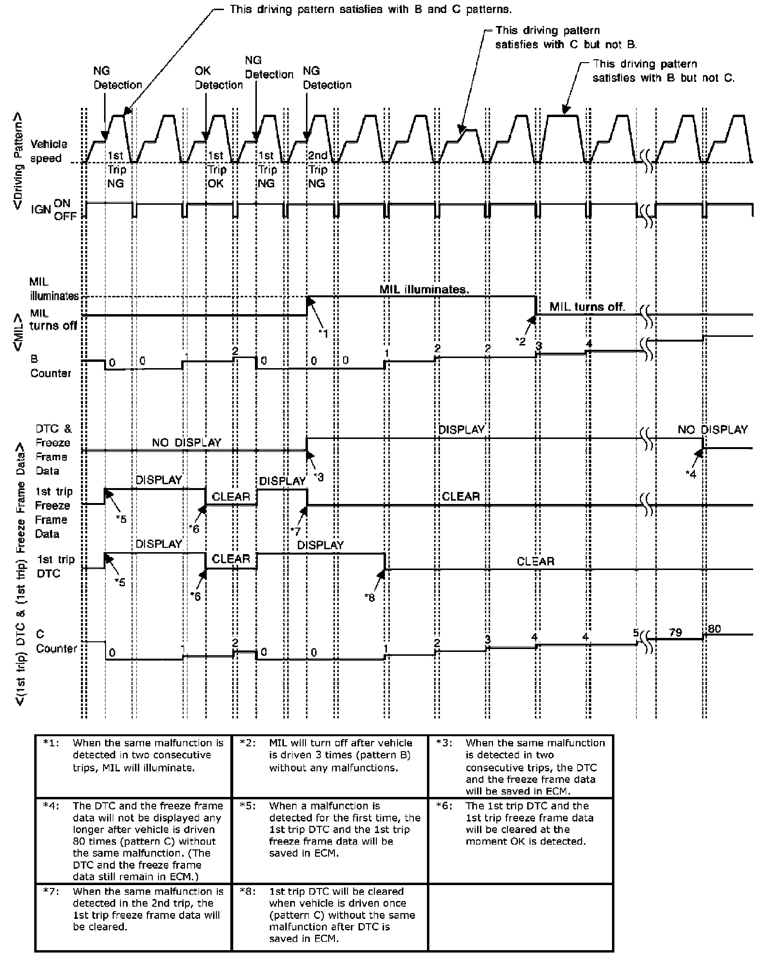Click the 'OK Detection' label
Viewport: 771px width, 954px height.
coord(218,78)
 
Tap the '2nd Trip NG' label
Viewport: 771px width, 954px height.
coord(317,169)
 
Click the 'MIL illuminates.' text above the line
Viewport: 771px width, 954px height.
coord(424,289)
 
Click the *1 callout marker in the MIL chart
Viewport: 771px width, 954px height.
coord(323,333)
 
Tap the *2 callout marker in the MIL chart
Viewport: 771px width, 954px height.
coord(520,341)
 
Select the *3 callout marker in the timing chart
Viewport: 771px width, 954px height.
coord(319,477)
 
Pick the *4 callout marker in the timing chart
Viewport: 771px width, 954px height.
coord(691,474)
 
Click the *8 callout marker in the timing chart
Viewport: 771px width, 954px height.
coord(370,597)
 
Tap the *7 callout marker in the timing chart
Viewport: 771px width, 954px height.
coord(295,531)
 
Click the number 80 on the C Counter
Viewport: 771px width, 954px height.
coord(714,629)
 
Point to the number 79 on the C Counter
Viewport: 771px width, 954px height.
coord(676,632)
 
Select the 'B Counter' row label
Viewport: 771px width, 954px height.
coord(50,366)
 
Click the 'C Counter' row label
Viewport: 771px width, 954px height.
coord(56,641)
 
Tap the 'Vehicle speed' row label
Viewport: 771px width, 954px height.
coord(49,151)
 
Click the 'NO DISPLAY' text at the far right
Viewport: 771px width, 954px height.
coord(712,429)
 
